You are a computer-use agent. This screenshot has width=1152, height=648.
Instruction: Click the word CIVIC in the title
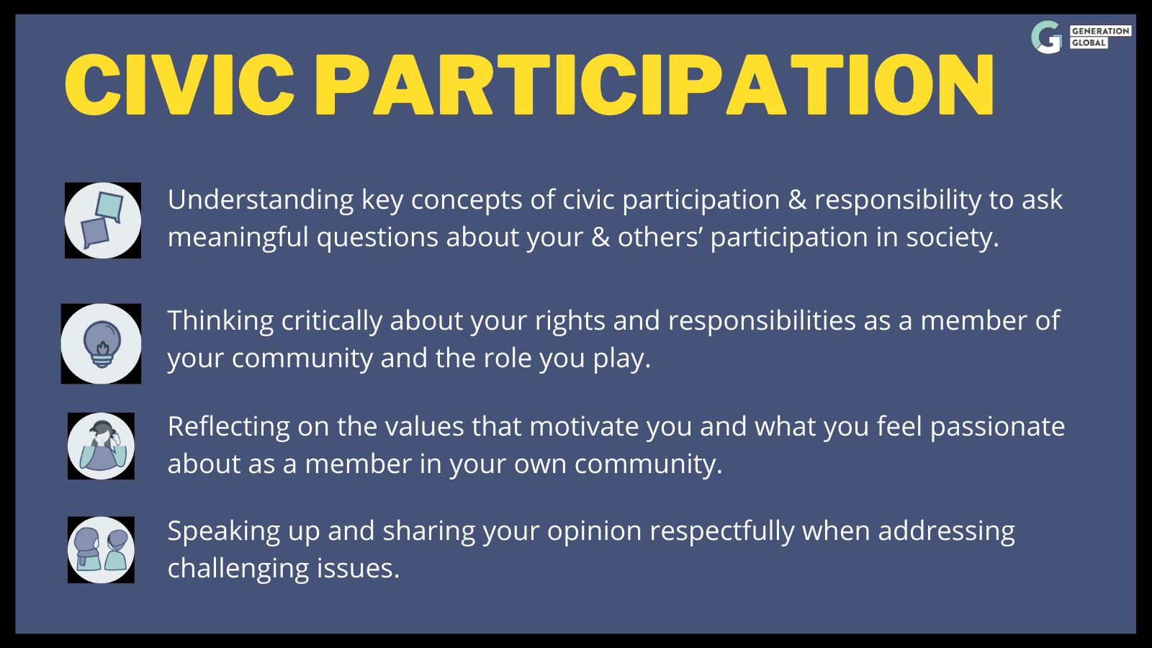179,84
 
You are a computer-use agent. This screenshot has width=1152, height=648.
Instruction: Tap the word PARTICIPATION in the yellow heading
654,84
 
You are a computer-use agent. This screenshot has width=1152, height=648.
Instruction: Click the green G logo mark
1047,37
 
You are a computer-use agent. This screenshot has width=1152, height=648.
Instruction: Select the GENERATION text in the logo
1101,31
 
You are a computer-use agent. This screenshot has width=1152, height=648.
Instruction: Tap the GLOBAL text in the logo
1089,42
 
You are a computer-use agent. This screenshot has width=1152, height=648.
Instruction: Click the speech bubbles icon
103,220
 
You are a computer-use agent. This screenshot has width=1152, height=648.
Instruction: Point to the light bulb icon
101,343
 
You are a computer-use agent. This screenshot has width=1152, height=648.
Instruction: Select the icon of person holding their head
101,446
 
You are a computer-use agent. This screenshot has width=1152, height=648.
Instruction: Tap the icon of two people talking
101,550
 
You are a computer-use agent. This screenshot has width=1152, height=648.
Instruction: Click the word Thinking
220,321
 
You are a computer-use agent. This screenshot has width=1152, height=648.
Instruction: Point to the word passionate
997,427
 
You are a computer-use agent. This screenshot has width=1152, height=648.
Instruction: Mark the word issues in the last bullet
358,569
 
